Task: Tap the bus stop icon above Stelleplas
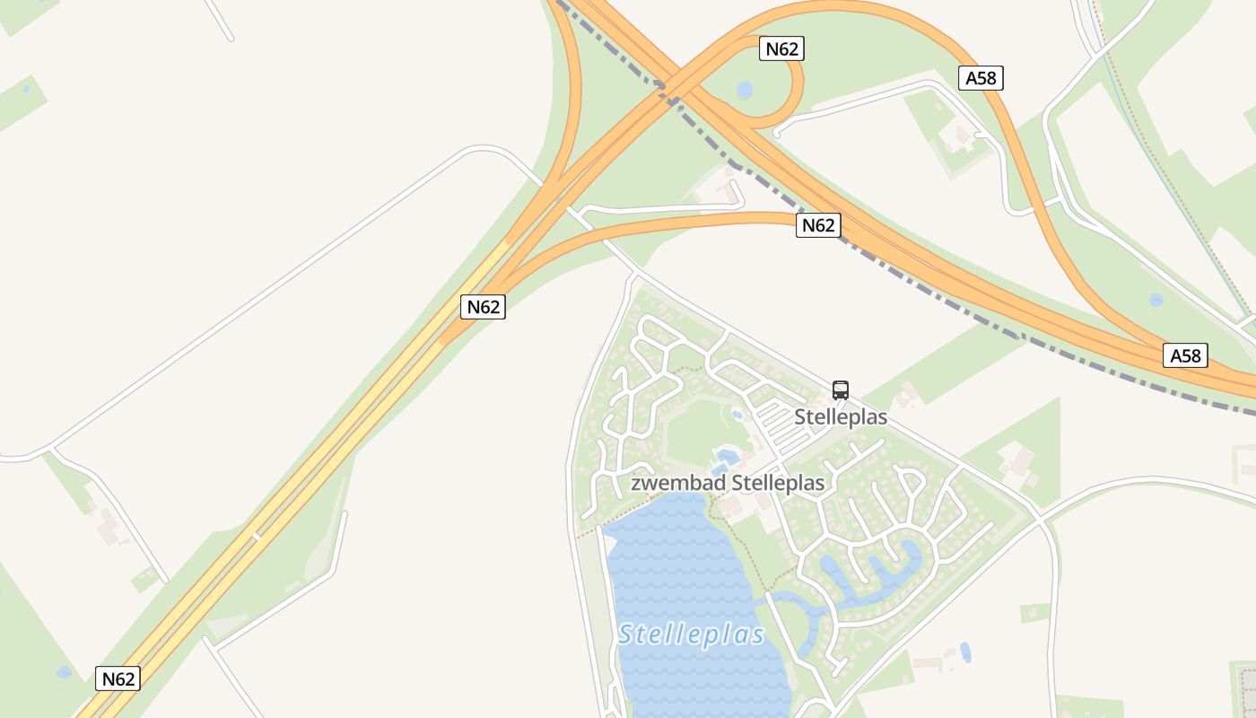click(841, 390)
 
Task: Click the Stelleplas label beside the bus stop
click(841, 417)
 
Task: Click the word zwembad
click(679, 483)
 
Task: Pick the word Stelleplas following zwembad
click(778, 483)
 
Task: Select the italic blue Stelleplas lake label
click(691, 635)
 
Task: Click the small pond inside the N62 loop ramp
click(745, 90)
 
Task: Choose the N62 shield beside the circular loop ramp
click(781, 48)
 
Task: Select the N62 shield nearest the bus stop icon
click(817, 225)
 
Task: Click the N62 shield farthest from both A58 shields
click(118, 679)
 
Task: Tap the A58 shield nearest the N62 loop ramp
click(981, 78)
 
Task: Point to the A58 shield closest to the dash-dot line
click(1184, 356)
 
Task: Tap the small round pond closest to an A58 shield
click(1156, 300)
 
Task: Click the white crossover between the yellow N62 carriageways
click(255, 538)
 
